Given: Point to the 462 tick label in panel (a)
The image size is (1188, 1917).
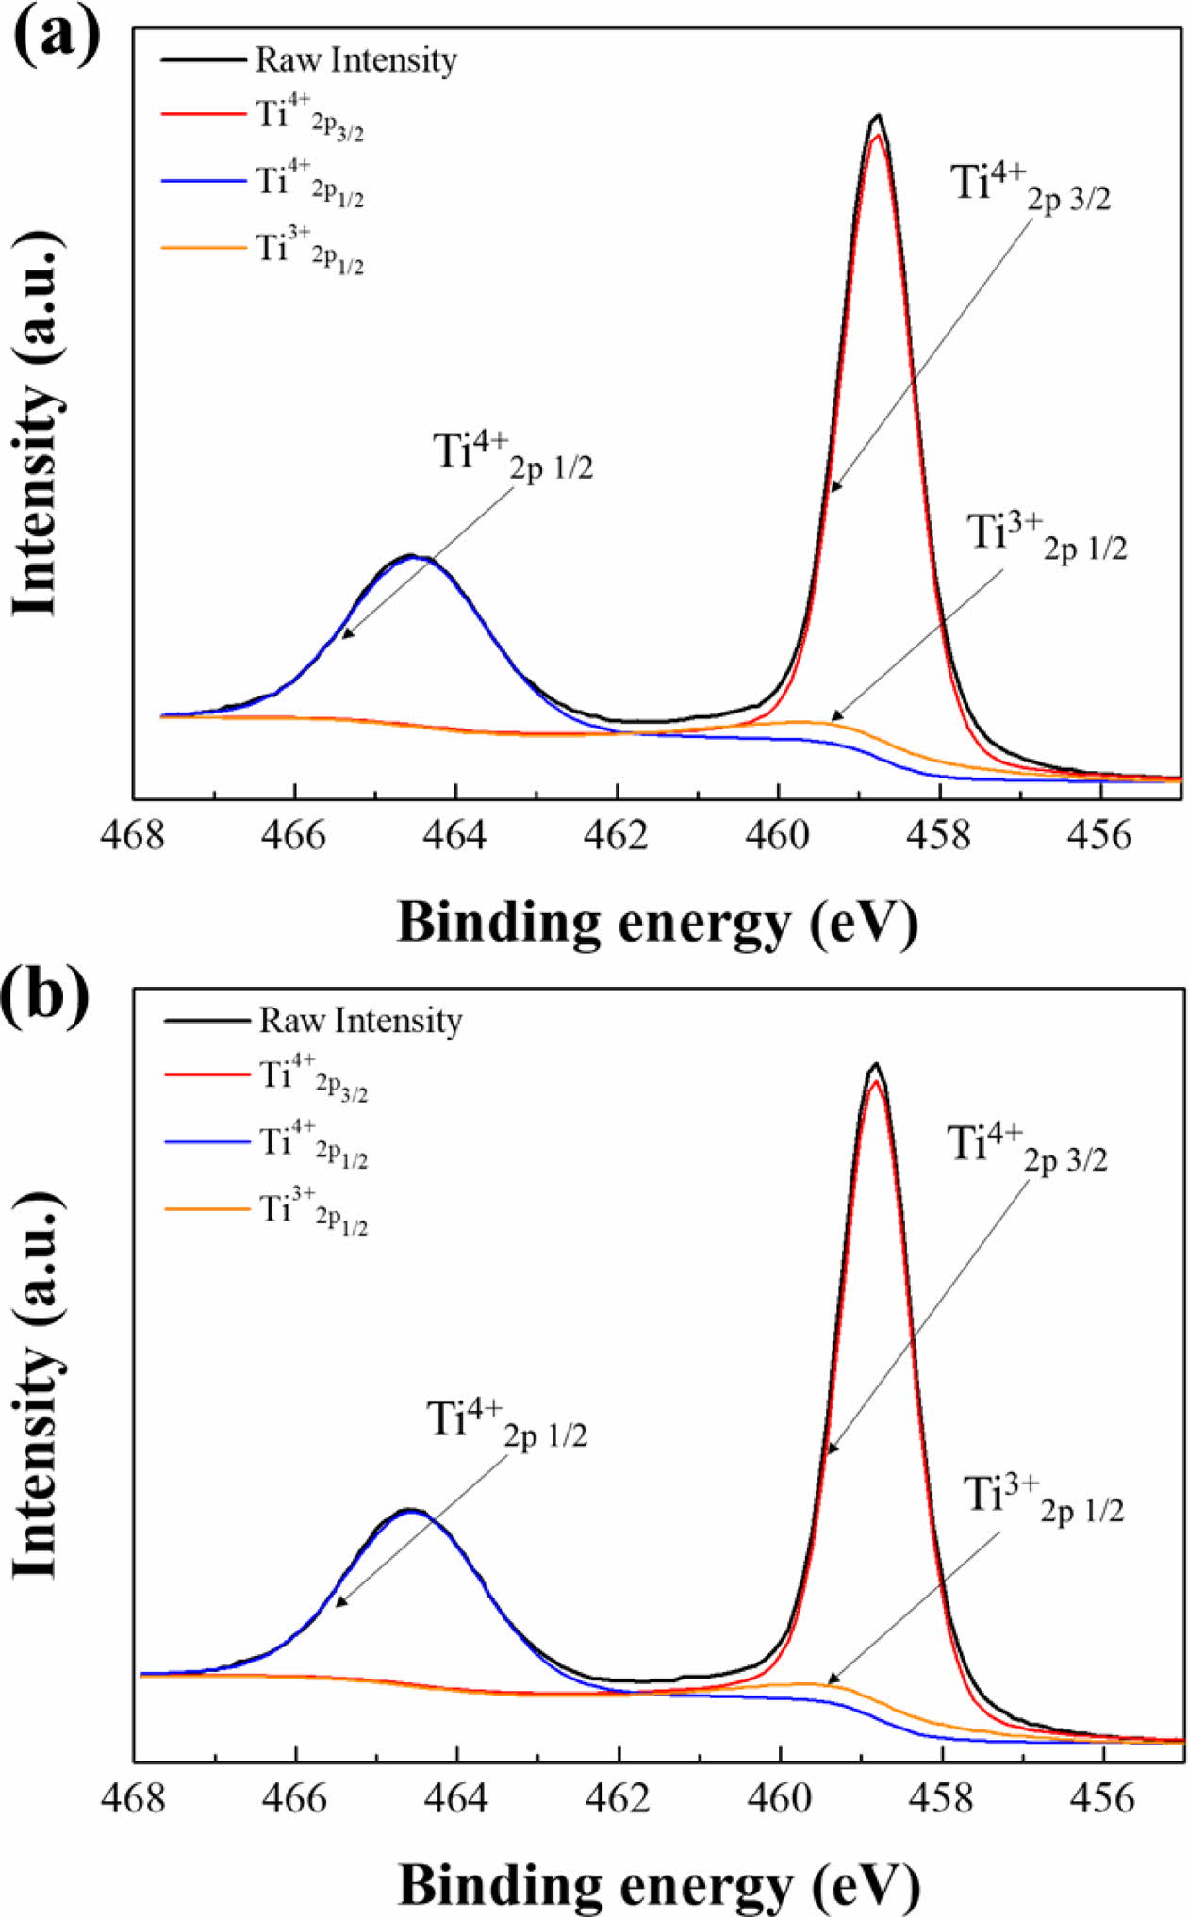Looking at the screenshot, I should (x=618, y=834).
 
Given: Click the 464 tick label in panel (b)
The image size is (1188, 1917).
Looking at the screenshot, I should (x=457, y=1796).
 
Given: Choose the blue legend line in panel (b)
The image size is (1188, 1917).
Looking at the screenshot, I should (x=206, y=1141).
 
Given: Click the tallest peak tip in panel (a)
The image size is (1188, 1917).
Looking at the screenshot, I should (x=878, y=116).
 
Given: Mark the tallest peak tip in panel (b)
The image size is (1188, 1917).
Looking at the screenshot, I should (x=876, y=1064).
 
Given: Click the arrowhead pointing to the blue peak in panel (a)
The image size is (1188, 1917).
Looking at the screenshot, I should (x=345, y=636).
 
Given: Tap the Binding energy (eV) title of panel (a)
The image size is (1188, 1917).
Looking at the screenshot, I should (x=657, y=922).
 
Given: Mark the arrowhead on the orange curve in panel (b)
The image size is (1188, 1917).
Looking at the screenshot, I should (x=832, y=1679).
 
